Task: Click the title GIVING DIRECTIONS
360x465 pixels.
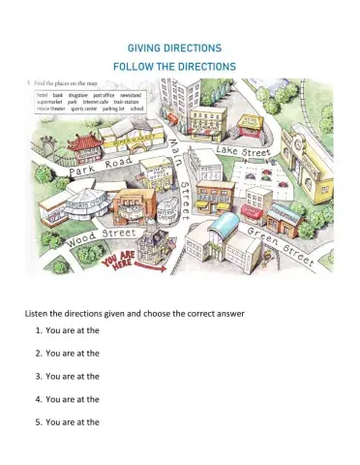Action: click(x=180, y=47)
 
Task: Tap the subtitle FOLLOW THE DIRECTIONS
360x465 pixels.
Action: click(x=180, y=66)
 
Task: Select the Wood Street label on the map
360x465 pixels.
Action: click(x=102, y=233)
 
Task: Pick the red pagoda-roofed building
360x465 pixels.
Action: click(x=83, y=148)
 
